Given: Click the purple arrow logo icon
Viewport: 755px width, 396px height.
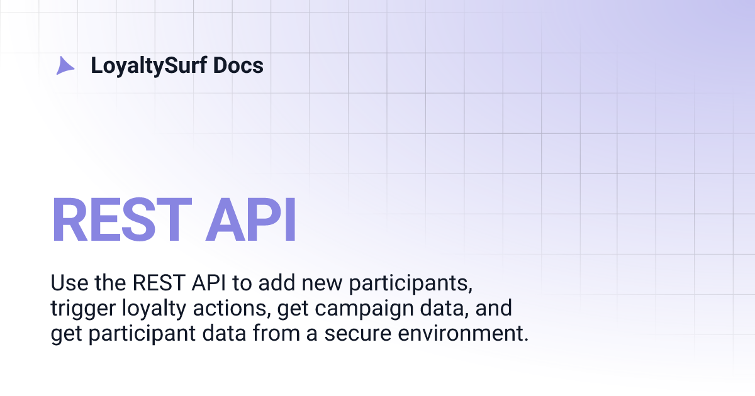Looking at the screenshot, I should coord(65,65).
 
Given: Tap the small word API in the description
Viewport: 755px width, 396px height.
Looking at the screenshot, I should coord(209,283).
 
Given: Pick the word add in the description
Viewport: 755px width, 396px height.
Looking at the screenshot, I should coord(274,283).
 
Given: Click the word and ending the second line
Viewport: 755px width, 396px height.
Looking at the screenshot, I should coord(496,308).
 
